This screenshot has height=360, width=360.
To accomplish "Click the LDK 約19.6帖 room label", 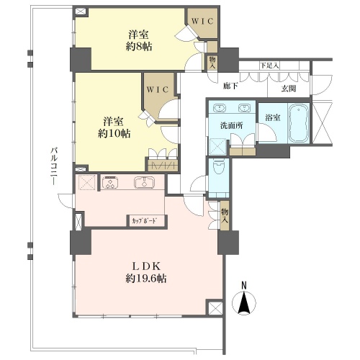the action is [x=145, y=272].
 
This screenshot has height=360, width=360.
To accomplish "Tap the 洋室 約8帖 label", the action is [x=139, y=40].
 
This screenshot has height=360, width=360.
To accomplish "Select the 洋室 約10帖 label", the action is [x=114, y=127].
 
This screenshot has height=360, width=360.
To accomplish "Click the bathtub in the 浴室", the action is [x=298, y=123].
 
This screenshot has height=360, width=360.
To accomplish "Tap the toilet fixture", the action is [x=218, y=166].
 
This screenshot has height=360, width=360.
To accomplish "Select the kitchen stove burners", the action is [x=110, y=183].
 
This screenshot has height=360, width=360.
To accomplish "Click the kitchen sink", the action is [x=144, y=183].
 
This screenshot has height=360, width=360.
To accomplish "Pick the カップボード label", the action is [x=144, y=220].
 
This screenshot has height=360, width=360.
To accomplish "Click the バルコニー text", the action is [x=54, y=166].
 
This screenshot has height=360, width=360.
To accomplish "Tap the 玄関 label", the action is [x=289, y=89].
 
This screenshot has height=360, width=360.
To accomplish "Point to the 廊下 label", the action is [x=230, y=86].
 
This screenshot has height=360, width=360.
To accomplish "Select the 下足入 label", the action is [x=269, y=66].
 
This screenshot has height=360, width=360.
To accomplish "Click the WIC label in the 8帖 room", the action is [x=202, y=21].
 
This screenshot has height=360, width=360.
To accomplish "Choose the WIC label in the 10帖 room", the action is [x=158, y=89].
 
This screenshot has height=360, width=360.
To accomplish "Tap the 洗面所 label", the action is [x=231, y=125].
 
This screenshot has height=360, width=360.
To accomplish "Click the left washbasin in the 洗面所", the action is [x=220, y=108].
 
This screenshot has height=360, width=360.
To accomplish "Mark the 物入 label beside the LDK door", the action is [x=225, y=216].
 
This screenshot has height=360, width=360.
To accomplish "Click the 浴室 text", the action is [x=273, y=117].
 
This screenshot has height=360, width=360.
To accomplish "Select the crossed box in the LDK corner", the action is [x=215, y=307].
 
